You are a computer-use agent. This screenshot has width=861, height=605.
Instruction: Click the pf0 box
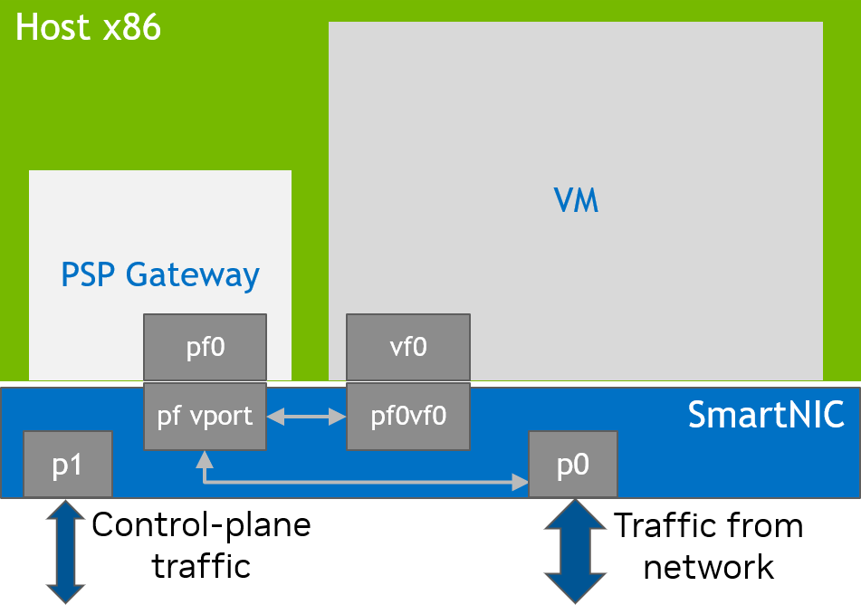(x=206, y=347)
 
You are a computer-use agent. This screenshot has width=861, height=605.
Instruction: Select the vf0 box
(x=408, y=347)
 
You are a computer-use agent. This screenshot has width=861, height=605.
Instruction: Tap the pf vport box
(x=206, y=417)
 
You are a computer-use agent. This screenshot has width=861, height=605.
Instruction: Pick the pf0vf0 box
(x=408, y=417)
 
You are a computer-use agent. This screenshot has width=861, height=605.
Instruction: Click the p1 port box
(x=68, y=465)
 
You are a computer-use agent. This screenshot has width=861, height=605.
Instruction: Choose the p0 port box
(x=573, y=465)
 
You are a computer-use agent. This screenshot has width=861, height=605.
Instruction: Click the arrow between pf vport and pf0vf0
(x=307, y=418)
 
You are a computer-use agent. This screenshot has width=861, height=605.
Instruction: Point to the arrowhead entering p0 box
(x=521, y=483)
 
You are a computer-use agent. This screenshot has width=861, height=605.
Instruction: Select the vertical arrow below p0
(x=573, y=551)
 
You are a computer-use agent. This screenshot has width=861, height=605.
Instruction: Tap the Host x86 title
(x=89, y=28)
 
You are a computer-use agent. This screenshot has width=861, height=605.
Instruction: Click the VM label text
(x=576, y=200)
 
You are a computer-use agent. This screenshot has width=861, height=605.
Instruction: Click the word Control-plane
(x=201, y=524)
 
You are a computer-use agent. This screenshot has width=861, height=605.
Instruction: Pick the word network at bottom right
(x=709, y=568)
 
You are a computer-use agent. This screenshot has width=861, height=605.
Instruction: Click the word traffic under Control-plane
(x=201, y=567)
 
